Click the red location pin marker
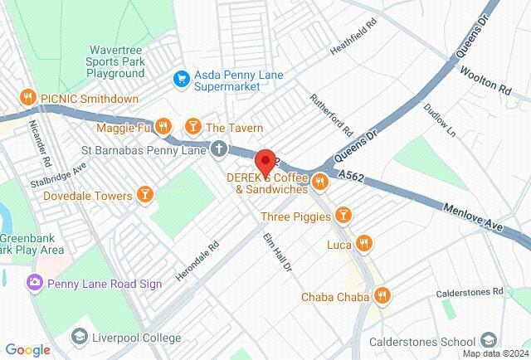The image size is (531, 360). click(265, 161)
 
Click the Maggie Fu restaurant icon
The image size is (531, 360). click(163, 127)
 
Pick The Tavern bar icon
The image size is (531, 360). click(192, 127)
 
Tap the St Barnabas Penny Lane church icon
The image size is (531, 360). click(218, 150)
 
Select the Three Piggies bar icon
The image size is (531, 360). click(343, 216)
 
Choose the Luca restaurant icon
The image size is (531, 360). click(363, 243)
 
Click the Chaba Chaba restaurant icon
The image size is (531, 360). click(382, 295)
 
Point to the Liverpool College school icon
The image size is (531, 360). click(79, 337)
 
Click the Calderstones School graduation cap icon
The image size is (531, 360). click(489, 341)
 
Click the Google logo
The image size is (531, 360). click(27, 350)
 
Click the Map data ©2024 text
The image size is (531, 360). click(494, 353)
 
